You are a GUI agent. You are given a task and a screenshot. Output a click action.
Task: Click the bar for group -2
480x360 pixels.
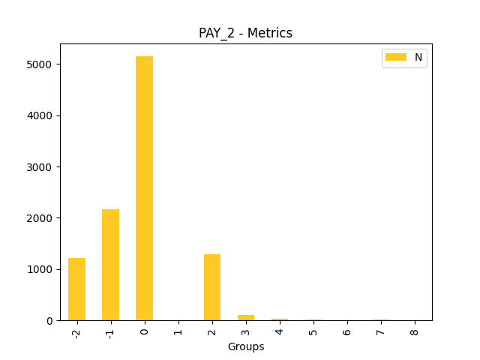tap(76, 289)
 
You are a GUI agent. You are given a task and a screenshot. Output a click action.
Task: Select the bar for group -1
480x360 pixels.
tap(110, 265)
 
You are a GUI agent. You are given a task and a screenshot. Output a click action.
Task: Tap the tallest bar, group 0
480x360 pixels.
tap(144, 188)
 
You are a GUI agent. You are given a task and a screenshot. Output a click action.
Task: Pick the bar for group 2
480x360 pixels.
tap(212, 287)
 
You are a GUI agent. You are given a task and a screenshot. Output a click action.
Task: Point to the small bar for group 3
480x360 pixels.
tap(246, 318)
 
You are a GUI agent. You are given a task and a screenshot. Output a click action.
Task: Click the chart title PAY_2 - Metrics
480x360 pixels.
tap(245, 33)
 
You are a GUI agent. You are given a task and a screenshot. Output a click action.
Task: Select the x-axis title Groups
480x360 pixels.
tap(245, 346)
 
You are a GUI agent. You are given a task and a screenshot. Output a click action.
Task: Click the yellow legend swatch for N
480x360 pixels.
tap(395, 57)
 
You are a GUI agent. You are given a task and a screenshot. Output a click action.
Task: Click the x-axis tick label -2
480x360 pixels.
tap(76, 331)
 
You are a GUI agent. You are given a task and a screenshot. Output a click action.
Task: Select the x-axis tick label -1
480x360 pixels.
tap(110, 331)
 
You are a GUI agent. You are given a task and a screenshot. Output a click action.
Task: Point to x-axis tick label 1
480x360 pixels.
tap(178, 329)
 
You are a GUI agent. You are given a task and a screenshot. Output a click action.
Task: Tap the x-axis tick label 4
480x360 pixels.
tap(280, 329)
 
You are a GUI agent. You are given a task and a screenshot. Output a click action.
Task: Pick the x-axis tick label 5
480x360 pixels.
tap(313, 329)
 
